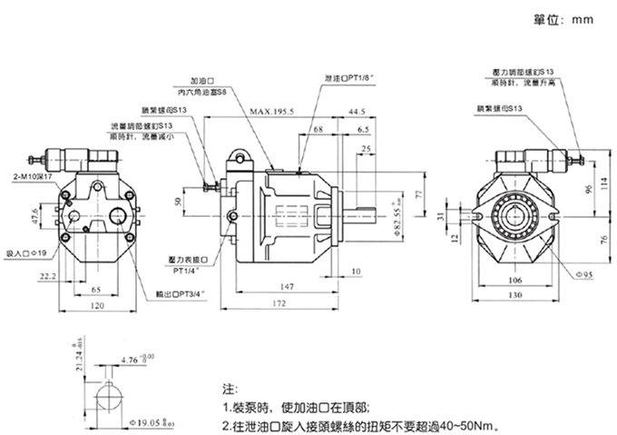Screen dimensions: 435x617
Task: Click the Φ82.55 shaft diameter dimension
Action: pyautogui.click(x=396, y=221)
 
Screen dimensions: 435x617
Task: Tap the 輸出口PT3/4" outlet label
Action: pyautogui.click(x=181, y=294)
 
